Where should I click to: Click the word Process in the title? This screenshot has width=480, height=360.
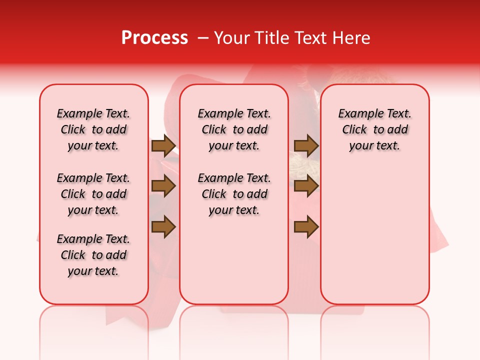(154, 38)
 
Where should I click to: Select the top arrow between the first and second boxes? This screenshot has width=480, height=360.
(163, 146)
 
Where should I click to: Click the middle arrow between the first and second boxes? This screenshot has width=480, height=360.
(163, 186)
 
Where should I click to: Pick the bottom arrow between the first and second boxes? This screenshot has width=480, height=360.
(163, 227)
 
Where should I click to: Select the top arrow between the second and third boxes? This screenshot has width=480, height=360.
(306, 146)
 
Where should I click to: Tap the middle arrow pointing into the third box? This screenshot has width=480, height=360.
(306, 186)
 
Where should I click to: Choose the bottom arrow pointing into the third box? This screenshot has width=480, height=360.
(306, 227)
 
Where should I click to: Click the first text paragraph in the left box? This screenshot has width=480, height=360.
(93, 129)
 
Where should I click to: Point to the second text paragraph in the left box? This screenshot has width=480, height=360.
(93, 194)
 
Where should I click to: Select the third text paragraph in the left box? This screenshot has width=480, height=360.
(93, 255)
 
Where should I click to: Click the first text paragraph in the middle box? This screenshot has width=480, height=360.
(234, 129)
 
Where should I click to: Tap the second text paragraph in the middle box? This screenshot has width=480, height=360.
(234, 194)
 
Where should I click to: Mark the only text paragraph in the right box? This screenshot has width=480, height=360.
(374, 129)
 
